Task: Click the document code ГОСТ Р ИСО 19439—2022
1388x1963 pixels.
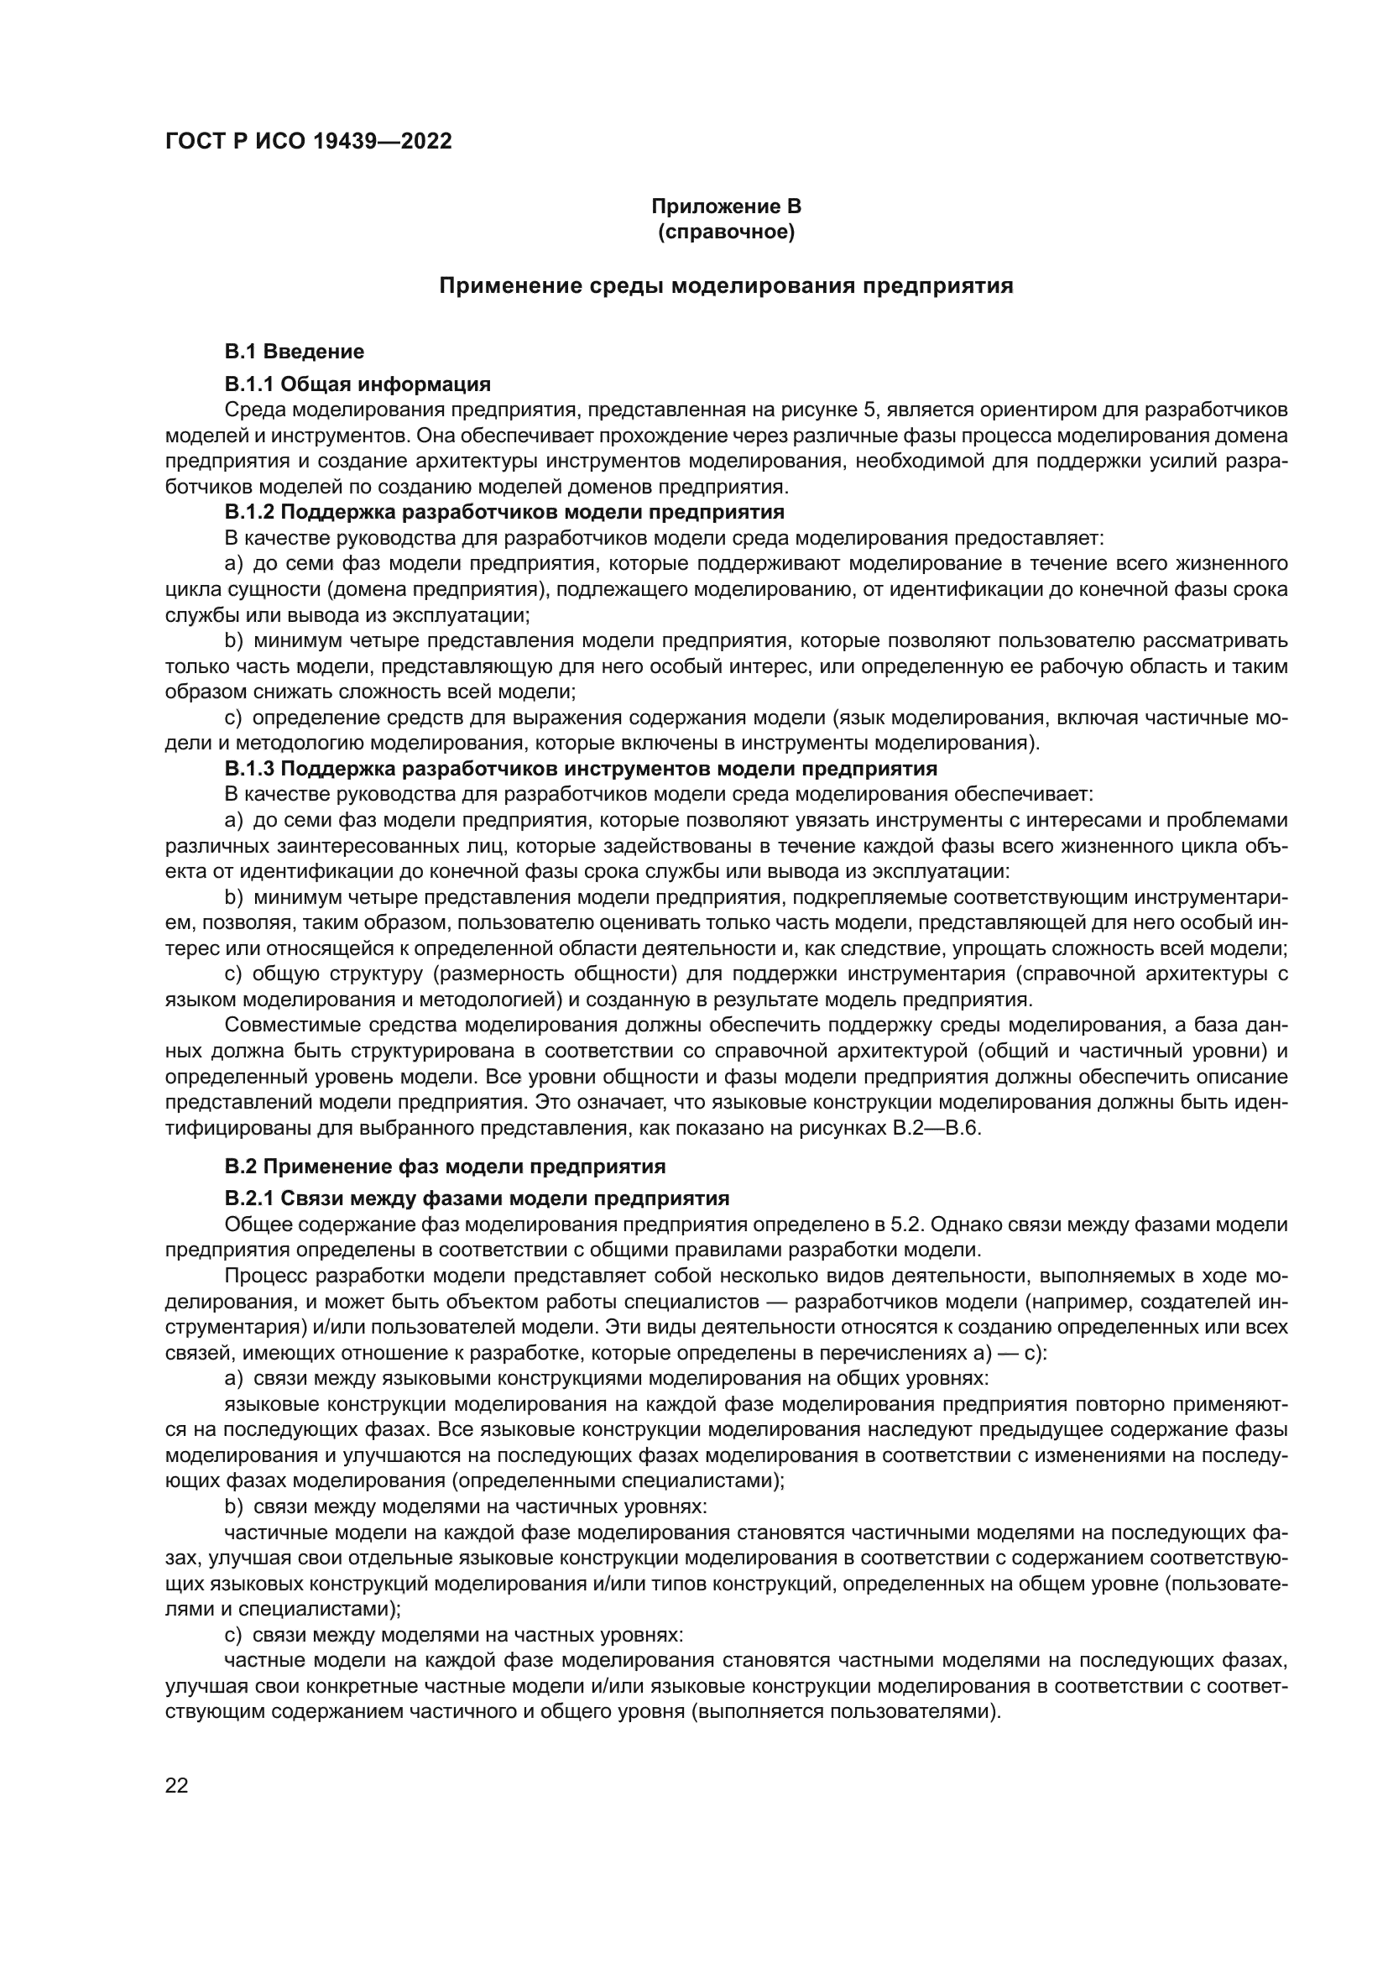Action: point(308,142)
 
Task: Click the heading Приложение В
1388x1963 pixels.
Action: point(726,206)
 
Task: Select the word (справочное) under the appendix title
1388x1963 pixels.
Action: point(726,232)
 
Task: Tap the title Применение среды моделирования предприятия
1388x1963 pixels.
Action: point(726,285)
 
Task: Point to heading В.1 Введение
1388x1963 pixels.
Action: point(294,352)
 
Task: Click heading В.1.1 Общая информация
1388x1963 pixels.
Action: point(357,384)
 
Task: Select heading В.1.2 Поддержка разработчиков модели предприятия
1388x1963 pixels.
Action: point(504,512)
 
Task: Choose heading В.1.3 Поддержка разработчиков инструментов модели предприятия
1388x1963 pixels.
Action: point(581,769)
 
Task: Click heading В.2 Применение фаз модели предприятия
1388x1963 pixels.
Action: point(445,1167)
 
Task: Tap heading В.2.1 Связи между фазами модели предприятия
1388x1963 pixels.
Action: point(477,1198)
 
